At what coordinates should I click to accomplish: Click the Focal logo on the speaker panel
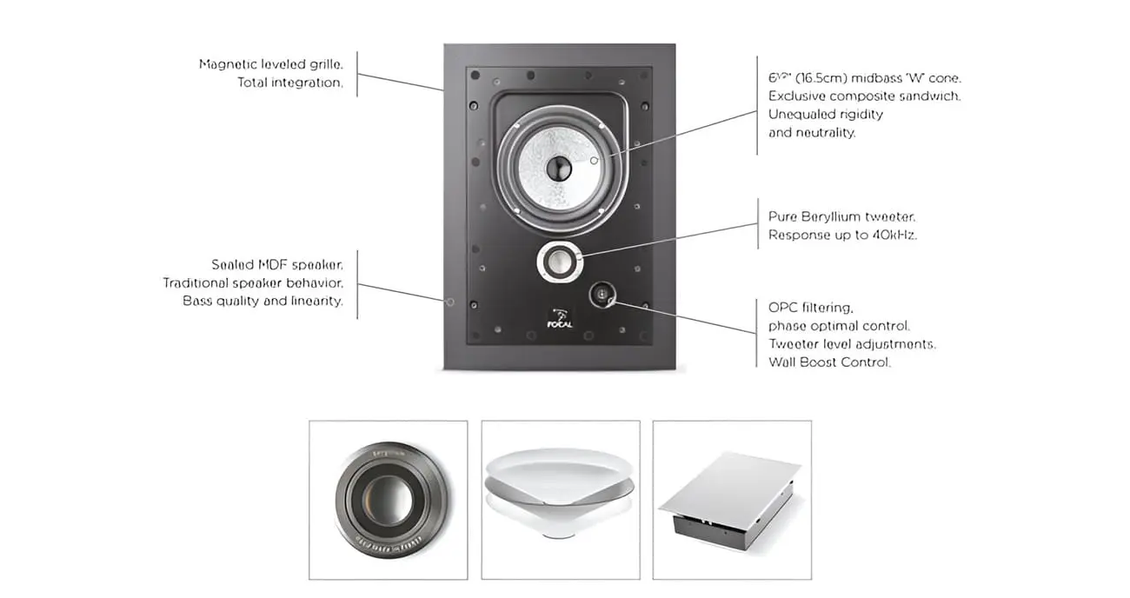coord(560,318)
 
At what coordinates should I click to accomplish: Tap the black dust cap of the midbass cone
coord(559,168)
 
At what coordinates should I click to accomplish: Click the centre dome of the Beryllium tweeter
coord(559,262)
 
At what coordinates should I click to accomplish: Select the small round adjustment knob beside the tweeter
coord(602,294)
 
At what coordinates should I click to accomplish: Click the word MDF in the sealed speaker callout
coord(273,265)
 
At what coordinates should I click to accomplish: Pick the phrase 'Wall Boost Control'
coord(829,362)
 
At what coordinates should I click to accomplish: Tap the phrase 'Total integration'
coord(290,83)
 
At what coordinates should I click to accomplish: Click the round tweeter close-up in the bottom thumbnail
coord(389,500)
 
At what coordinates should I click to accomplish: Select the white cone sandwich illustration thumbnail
coord(560,493)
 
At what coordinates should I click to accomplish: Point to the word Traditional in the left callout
coord(196,283)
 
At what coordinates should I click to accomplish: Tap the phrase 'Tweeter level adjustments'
coord(852,344)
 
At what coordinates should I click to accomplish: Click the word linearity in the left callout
coord(316,302)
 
